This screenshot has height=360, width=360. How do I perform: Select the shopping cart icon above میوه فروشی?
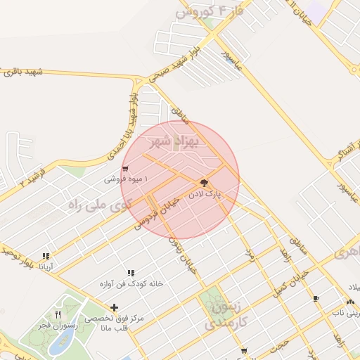[125, 168]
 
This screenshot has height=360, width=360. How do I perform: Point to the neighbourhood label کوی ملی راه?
[100, 205]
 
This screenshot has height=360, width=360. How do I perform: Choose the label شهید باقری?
[22, 72]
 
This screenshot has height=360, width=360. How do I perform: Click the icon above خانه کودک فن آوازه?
[131, 273]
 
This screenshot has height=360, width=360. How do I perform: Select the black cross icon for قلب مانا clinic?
[114, 307]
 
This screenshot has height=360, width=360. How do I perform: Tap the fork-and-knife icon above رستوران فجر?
[58, 314]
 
